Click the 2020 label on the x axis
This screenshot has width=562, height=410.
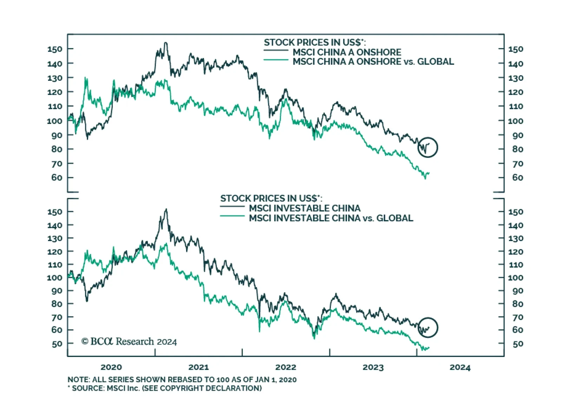(x=111, y=367)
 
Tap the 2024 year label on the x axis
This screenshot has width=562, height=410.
(x=460, y=367)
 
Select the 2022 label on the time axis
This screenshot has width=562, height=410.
(x=286, y=367)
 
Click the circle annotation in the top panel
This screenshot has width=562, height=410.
(x=427, y=147)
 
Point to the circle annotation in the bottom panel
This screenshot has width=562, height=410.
(x=428, y=327)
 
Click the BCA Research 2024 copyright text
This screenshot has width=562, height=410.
(x=129, y=341)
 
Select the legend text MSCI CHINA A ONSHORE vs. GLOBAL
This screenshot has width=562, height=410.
(x=373, y=62)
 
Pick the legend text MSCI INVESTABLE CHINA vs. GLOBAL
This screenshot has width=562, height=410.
(x=331, y=218)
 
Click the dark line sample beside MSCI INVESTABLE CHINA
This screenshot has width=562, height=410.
(x=232, y=207)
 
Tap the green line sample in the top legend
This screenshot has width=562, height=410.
(x=276, y=60)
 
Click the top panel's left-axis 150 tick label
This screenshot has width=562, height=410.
(x=55, y=49)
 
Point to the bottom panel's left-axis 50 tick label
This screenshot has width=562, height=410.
(x=57, y=344)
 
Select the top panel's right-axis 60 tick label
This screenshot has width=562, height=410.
(x=517, y=178)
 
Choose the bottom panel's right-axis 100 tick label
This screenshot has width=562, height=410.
(x=515, y=278)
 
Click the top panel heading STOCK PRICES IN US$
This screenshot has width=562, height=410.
(x=315, y=43)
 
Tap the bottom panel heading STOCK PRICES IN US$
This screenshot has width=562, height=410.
(x=271, y=199)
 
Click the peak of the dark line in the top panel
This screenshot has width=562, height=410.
(x=166, y=43)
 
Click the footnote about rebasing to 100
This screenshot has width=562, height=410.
(x=182, y=380)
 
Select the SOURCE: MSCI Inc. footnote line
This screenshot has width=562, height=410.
(x=165, y=388)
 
